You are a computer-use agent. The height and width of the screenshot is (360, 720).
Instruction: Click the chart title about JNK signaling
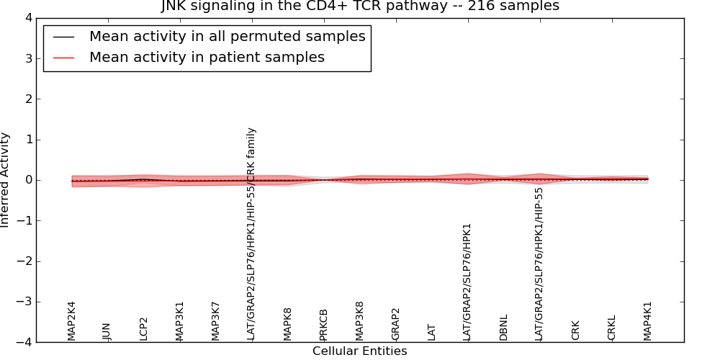359,6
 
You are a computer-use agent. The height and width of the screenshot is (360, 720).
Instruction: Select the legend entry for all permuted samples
227,37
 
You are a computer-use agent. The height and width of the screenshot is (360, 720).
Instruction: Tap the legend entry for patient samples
207,58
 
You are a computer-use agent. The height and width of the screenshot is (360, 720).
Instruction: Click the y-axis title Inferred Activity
6,180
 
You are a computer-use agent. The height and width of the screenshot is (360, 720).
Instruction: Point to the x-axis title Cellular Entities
359,351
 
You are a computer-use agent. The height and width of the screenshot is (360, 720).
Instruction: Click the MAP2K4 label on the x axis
71,320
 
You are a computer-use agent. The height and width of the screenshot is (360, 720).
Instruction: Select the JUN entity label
107,331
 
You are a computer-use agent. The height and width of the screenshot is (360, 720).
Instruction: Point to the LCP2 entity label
143,328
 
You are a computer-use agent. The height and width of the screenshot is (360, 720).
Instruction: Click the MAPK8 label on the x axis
287,323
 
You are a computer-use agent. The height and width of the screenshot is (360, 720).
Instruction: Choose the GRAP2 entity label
395,324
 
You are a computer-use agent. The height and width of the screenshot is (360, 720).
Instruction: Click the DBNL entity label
503,327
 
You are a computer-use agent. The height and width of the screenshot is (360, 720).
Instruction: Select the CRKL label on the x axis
611,328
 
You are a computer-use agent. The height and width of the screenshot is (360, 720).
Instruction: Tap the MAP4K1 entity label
647,320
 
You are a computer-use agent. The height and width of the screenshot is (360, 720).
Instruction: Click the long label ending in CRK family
251,233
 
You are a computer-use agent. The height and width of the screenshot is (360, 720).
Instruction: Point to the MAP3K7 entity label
215,320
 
